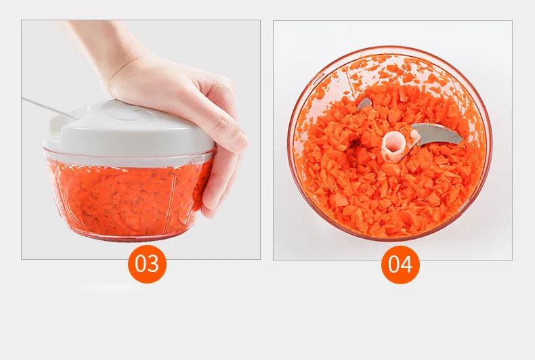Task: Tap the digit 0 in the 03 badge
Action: (141, 263)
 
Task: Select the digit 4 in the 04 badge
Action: (406, 264)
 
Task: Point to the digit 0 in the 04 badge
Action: (394, 264)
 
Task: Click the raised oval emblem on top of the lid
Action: (126, 115)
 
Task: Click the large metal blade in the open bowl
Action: (437, 134)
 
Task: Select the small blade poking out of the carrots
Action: (364, 104)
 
